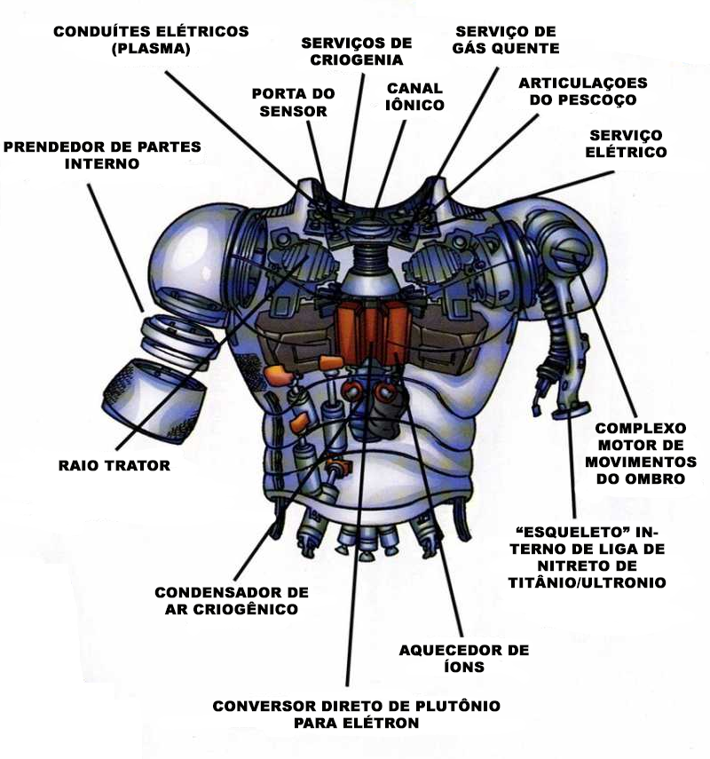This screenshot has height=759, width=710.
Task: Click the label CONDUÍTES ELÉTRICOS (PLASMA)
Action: [x=150, y=40]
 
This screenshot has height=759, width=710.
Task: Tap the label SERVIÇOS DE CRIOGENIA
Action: [x=357, y=51]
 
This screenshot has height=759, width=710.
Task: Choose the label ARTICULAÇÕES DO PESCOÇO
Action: [x=583, y=91]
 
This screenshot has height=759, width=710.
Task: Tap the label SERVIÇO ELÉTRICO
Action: [x=627, y=143]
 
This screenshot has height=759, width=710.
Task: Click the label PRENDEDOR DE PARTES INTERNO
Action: [x=102, y=154]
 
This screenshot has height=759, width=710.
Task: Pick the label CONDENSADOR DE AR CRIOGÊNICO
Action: [x=231, y=600]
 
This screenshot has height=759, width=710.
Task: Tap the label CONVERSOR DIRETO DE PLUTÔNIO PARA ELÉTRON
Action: [x=356, y=714]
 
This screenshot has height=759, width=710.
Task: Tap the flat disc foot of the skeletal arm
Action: [x=571, y=411]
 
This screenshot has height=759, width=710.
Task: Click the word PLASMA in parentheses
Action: [x=151, y=50]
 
